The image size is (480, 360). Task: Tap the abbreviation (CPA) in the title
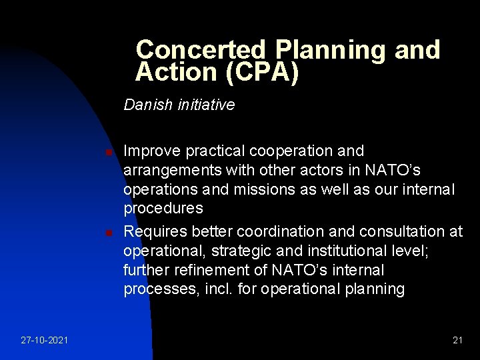tap(261, 72)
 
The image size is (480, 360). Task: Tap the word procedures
tap(163, 209)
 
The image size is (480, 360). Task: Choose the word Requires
tap(155, 231)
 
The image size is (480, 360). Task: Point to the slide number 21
tap(457, 340)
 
